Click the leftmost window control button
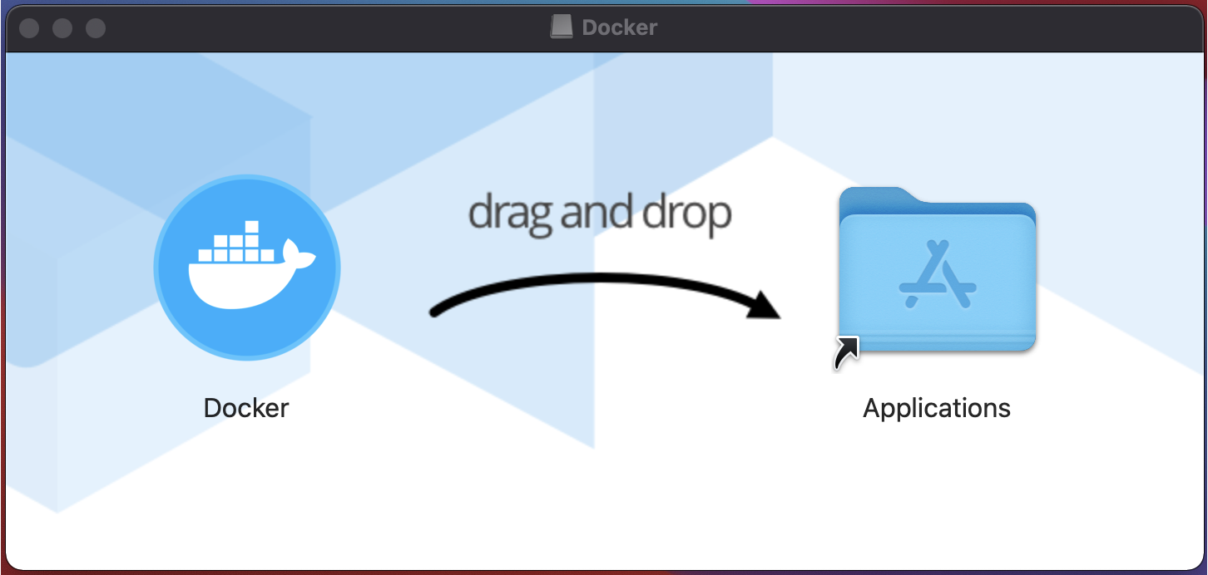pyautogui.click(x=29, y=28)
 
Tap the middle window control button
pyautogui.click(x=62, y=28)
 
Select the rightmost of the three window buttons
pyautogui.click(x=96, y=28)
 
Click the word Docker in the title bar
pyautogui.click(x=620, y=27)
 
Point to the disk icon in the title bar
pyautogui.click(x=562, y=27)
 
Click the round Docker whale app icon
pyautogui.click(x=247, y=268)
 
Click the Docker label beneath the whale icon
pyautogui.click(x=246, y=408)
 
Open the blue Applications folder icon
pyautogui.click(x=937, y=274)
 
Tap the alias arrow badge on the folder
pyautogui.click(x=845, y=352)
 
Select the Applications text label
pyautogui.click(x=937, y=408)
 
